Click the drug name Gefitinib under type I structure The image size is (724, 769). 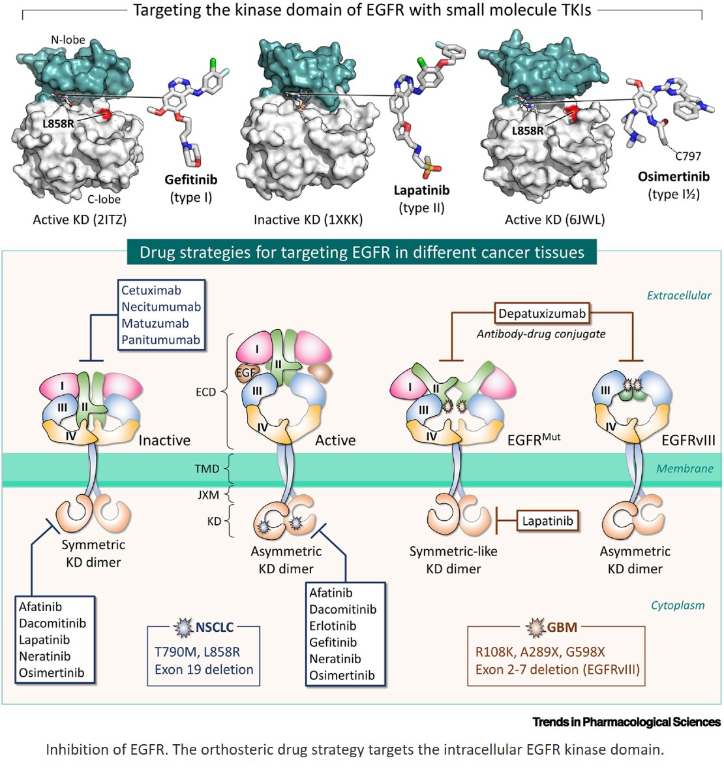tap(190, 180)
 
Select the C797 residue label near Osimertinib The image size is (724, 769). tap(687, 156)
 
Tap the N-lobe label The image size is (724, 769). tap(68, 40)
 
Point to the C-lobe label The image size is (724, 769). tap(104, 199)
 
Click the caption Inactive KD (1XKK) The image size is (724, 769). tap(308, 219)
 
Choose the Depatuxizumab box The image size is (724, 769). tap(541, 313)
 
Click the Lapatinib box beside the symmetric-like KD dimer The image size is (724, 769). tap(547, 521)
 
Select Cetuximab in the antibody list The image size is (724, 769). tap(151, 290)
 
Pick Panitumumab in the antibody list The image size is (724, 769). tap(160, 339)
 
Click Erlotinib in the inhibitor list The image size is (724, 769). tap(333, 625)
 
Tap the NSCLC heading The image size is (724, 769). tap(214, 628)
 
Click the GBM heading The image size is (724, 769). tap(562, 627)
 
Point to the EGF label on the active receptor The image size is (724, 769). tap(247, 373)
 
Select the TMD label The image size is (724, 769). tap(207, 468)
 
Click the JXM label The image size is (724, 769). tap(208, 495)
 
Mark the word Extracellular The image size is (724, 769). tap(678, 295)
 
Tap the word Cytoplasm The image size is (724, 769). tap(677, 605)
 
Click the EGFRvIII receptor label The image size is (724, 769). tap(687, 440)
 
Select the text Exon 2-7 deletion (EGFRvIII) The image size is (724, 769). tap(557, 669)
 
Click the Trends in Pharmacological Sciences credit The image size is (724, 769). tap(626, 721)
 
